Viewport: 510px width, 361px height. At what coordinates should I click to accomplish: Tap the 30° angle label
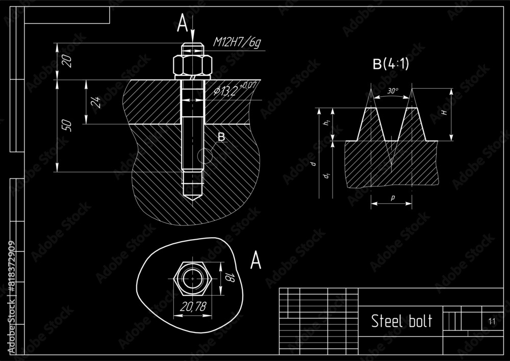[x=393, y=91]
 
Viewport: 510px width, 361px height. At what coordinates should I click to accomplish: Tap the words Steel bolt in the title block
[x=401, y=321]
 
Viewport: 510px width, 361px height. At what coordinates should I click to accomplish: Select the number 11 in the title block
[x=491, y=321]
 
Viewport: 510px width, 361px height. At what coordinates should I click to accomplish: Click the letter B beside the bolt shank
[x=221, y=137]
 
